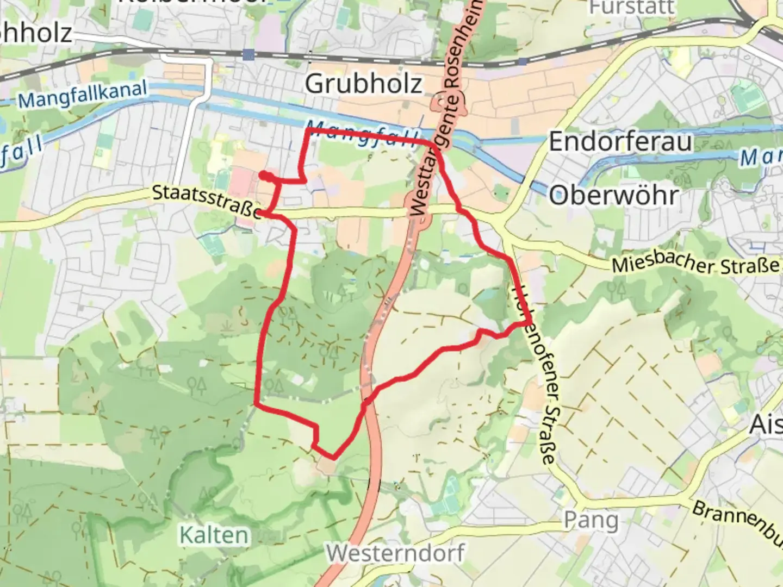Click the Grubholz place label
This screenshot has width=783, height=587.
[x=363, y=84]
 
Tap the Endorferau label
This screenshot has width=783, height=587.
[x=620, y=142]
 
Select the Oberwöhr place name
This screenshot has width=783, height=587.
[x=614, y=195]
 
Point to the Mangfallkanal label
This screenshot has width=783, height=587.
[x=82, y=94]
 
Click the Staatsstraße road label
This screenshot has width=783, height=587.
[x=207, y=201]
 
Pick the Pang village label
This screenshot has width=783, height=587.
[x=591, y=520]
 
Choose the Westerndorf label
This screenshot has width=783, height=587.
[x=395, y=553]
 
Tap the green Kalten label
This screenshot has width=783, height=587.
[x=214, y=535]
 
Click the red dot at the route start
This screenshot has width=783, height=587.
[x=263, y=175]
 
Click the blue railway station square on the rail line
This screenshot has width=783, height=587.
[x=248, y=54]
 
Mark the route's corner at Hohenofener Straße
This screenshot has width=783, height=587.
[x=529, y=323]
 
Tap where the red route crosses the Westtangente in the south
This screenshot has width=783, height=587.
[x=366, y=401]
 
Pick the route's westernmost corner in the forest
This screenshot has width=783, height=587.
[x=256, y=403]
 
